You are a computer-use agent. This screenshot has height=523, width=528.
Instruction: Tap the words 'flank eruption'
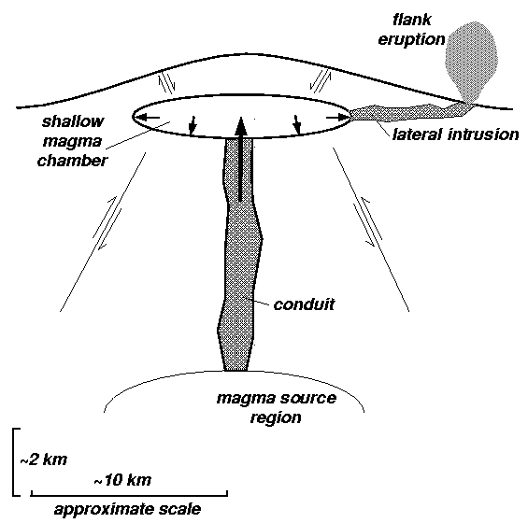click(x=411, y=30)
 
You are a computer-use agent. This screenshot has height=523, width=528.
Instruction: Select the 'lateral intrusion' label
click(x=456, y=134)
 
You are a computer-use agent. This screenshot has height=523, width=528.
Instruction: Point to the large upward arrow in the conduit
click(x=240, y=159)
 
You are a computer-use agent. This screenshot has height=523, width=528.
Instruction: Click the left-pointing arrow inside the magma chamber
click(x=148, y=118)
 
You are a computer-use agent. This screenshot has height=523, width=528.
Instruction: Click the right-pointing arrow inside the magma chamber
click(x=336, y=118)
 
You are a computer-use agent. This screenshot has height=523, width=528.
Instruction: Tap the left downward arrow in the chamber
click(x=193, y=125)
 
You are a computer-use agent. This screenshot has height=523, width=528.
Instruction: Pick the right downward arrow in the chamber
click(x=296, y=124)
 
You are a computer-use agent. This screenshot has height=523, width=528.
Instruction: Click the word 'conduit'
click(x=304, y=304)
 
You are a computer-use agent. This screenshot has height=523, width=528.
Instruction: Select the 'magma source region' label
click(x=276, y=407)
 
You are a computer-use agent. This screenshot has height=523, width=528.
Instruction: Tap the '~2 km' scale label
click(x=44, y=459)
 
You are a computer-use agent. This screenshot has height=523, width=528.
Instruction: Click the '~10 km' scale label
click(x=122, y=480)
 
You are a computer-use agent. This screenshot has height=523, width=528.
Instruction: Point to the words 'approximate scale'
click(x=128, y=510)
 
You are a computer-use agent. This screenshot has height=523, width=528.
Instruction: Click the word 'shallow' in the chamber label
click(x=73, y=121)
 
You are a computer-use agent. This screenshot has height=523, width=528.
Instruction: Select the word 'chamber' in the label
click(x=72, y=161)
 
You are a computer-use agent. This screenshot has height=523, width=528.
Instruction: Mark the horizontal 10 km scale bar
click(x=129, y=494)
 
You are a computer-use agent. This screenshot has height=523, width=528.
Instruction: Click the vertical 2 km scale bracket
click(x=14, y=461)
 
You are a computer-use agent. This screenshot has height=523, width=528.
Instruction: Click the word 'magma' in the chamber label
click(x=72, y=141)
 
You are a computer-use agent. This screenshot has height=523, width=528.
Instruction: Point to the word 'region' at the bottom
click(x=276, y=417)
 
